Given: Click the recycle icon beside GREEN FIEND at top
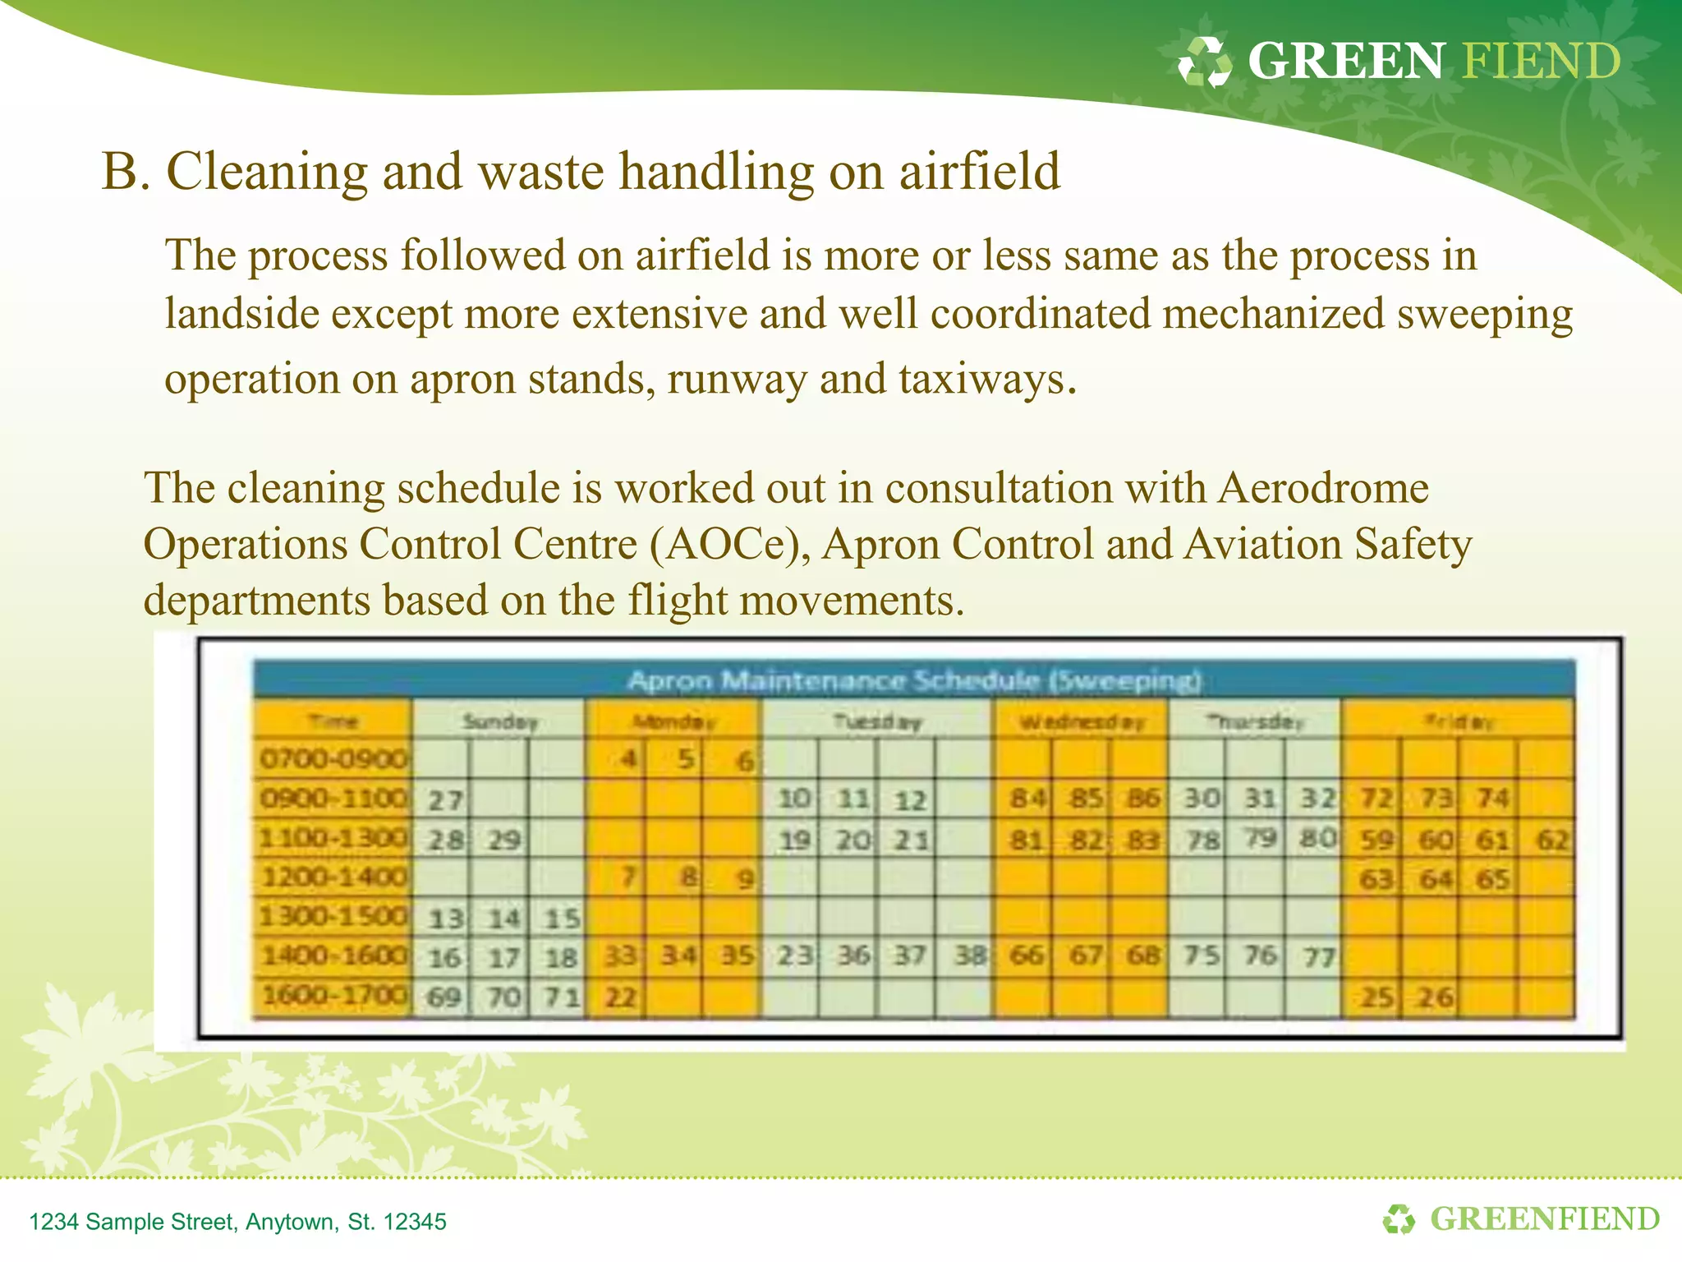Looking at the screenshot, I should [x=1205, y=62].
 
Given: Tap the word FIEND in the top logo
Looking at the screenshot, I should [x=1541, y=62].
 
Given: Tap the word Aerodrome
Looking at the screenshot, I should [x=1322, y=488].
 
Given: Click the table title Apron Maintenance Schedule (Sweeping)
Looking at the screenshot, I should [x=913, y=680].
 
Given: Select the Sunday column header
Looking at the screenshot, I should [x=499, y=722].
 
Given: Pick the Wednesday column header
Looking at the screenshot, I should [x=1082, y=722].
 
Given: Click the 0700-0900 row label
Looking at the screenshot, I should [x=333, y=758].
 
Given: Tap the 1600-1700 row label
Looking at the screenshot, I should [x=333, y=997].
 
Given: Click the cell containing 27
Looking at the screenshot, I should [x=444, y=799].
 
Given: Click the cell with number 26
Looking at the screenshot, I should [x=1434, y=997].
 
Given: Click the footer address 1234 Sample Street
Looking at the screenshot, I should [x=237, y=1222].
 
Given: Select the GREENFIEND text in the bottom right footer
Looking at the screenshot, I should [x=1544, y=1219].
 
